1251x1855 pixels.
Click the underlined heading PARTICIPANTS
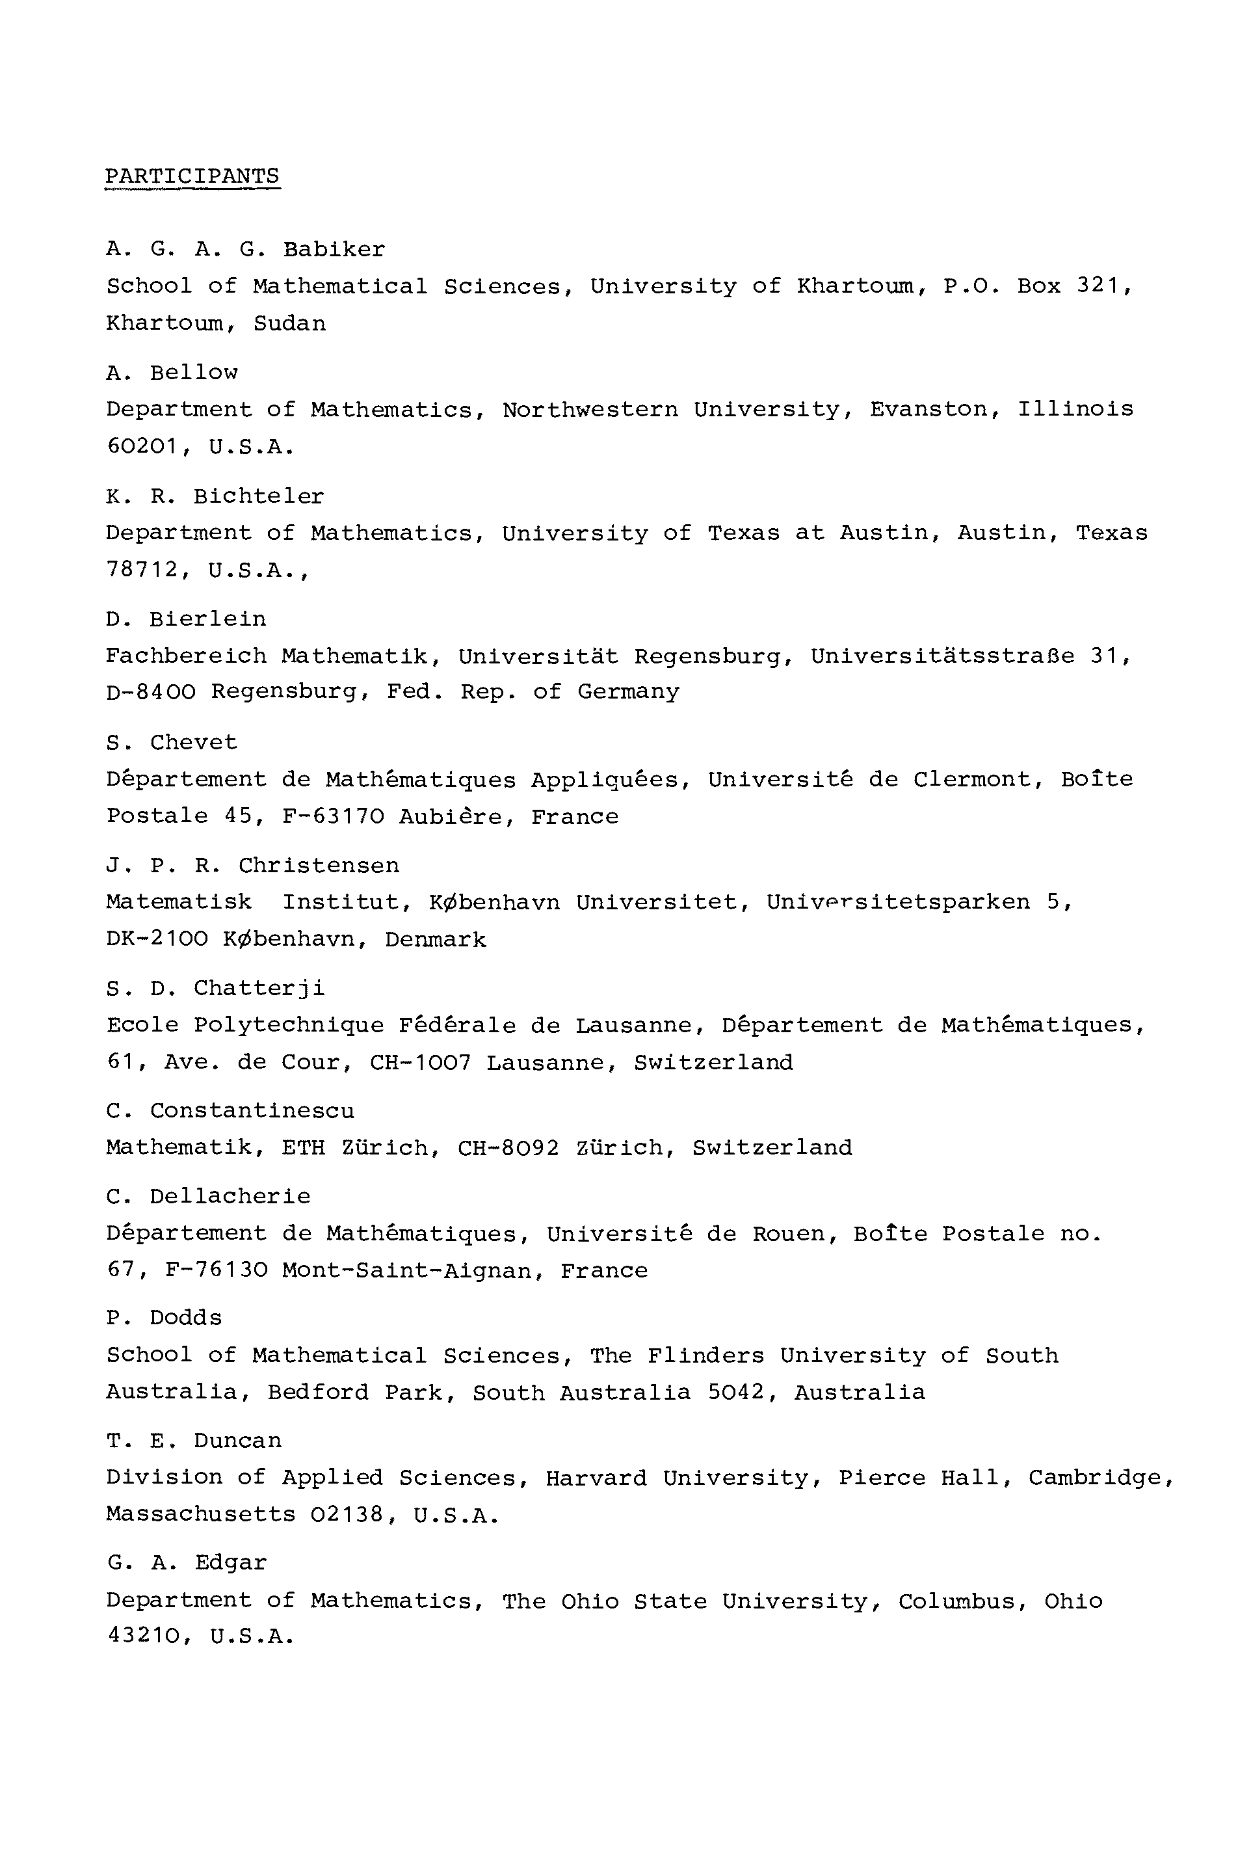[x=192, y=176]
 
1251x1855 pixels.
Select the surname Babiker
[x=334, y=250]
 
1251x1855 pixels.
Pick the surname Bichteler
[x=259, y=496]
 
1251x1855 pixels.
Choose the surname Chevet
[x=194, y=743]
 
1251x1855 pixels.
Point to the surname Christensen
[x=319, y=866]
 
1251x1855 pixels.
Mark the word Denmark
[x=436, y=940]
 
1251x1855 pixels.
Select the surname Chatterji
[x=259, y=989]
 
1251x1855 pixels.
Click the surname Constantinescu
[x=252, y=1111]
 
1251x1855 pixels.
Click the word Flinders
[x=705, y=1355]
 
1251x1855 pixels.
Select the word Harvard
[x=596, y=1478]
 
